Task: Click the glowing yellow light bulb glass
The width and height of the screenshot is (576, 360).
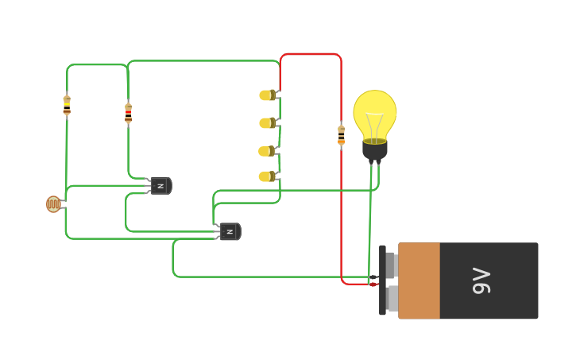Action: coord(374,113)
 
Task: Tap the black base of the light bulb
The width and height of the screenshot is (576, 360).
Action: coord(374,150)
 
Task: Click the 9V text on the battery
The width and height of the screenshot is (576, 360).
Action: coord(481,281)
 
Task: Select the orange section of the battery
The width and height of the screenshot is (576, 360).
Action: coord(419,281)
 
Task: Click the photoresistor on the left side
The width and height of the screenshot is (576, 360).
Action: coord(53,204)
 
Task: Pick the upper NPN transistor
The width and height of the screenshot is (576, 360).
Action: coord(160,186)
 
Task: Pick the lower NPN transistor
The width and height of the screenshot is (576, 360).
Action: coord(229,232)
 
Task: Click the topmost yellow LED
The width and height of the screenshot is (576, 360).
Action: coord(266,95)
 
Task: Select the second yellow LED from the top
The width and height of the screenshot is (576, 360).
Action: coord(266,123)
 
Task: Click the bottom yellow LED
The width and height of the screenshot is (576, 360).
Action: coord(266,176)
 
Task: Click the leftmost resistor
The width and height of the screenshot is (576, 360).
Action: coord(67,105)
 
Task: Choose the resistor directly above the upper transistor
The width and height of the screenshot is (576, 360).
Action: coord(128,113)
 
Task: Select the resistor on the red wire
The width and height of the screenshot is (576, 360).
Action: coord(342,135)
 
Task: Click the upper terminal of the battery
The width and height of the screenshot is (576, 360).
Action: coord(391,265)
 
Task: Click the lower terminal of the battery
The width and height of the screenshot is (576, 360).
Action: coord(392,298)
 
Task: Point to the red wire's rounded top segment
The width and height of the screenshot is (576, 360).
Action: coord(311,54)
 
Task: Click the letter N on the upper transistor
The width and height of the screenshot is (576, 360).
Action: coord(160,186)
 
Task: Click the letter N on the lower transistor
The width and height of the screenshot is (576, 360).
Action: coord(229,232)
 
